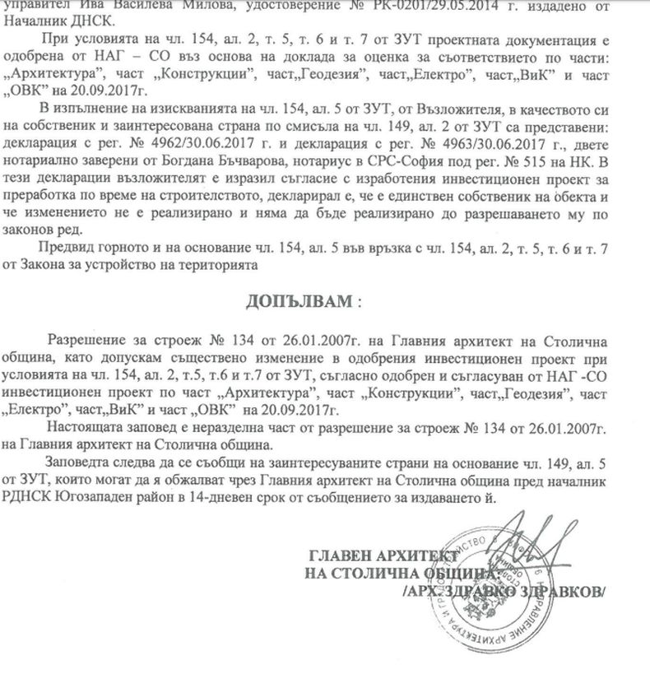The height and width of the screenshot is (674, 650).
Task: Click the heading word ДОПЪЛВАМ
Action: (297, 300)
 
